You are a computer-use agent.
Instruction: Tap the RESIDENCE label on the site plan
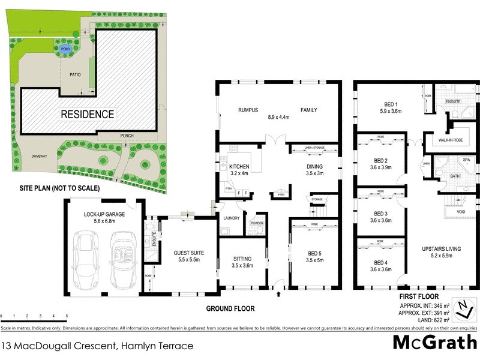(x=86, y=113)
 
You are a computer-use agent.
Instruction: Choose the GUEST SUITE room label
(x=186, y=253)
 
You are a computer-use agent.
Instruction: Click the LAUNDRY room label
(x=232, y=218)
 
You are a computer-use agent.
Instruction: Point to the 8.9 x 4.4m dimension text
(x=278, y=118)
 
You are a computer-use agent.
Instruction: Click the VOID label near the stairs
(x=460, y=211)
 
